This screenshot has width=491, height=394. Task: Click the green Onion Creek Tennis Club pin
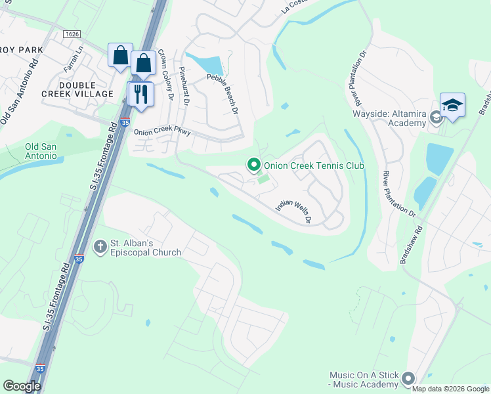click(x=253, y=165)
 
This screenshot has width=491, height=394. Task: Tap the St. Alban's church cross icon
click(x=100, y=247)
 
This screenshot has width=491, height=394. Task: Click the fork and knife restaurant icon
click(x=140, y=95)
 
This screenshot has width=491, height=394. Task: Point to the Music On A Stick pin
click(x=408, y=378)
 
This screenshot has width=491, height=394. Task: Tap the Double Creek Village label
click(x=86, y=90)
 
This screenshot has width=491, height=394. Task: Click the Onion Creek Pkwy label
click(x=162, y=132)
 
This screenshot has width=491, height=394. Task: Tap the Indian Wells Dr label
click(x=293, y=211)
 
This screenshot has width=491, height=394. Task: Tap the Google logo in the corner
click(x=22, y=386)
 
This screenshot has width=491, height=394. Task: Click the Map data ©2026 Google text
click(x=450, y=389)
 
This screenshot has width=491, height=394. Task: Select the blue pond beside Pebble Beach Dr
click(x=209, y=64)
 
